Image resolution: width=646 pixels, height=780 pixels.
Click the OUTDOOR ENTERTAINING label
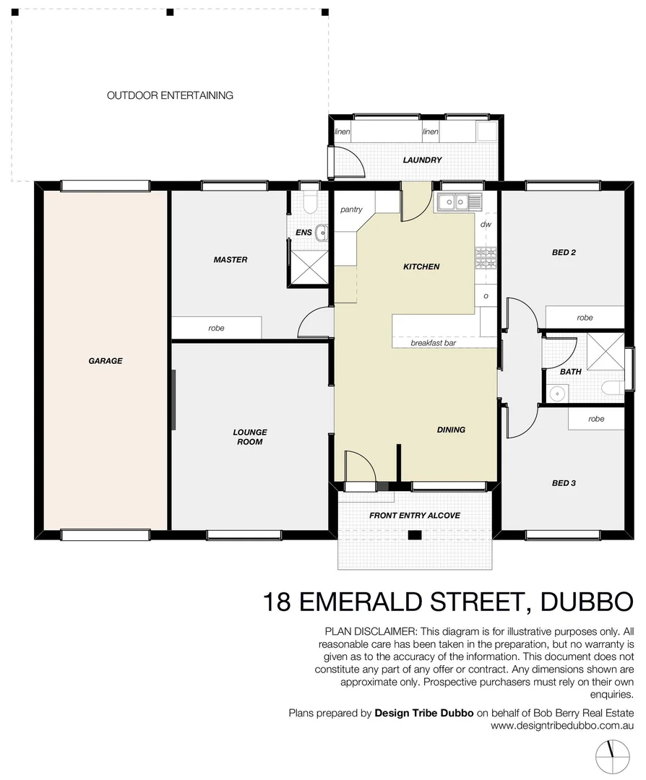point(170,95)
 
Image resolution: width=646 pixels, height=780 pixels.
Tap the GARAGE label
point(105,360)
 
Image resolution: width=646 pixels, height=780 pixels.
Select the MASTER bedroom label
point(231,260)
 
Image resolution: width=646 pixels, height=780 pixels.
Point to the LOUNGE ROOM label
point(249,437)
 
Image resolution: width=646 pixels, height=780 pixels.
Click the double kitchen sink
point(459,202)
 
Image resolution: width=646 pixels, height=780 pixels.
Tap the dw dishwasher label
point(486,225)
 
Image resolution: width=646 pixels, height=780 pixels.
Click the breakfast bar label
point(433,343)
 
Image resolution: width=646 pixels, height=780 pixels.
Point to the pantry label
point(351,210)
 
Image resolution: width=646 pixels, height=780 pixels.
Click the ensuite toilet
point(309,202)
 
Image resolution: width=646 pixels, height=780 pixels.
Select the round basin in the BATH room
point(556,394)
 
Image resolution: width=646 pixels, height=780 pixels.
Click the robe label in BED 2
point(585,318)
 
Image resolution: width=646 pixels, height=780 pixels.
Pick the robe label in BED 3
point(596,419)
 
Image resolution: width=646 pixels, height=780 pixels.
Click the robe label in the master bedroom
point(216,328)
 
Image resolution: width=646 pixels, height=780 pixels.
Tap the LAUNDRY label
point(422,160)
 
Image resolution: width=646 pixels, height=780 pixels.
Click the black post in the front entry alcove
point(415,535)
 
